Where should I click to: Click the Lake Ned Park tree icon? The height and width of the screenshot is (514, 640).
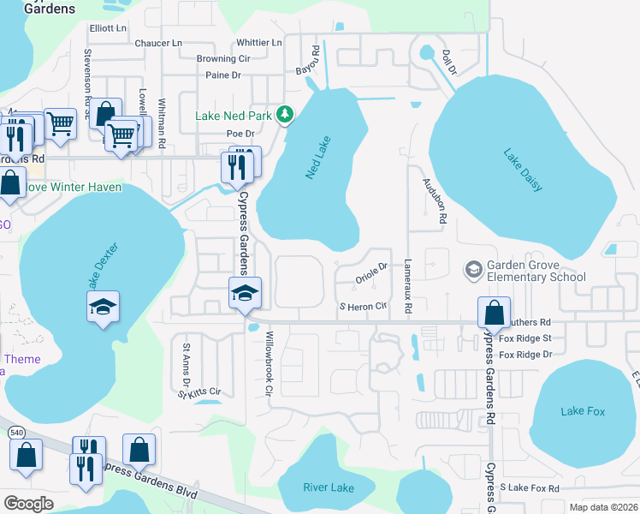pos(287,115)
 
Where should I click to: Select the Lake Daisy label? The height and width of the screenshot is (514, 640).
pos(523,170)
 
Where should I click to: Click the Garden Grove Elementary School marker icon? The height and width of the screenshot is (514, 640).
pos(472,271)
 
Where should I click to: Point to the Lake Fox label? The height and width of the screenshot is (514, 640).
pos(583,411)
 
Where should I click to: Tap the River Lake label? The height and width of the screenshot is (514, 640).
pos(328,487)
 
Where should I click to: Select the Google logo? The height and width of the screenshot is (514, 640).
pos(29,504)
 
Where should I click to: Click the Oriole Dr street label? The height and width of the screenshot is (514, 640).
pos(372,277)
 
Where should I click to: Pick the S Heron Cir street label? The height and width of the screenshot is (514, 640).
pos(369,306)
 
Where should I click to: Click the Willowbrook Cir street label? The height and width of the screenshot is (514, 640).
pos(269,364)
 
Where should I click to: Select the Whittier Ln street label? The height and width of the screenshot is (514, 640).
pos(258,43)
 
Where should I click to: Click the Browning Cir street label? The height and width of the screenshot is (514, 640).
pos(222,59)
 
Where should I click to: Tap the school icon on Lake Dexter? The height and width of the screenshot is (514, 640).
pos(104,308)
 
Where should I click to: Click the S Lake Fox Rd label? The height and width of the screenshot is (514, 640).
pos(530,487)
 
